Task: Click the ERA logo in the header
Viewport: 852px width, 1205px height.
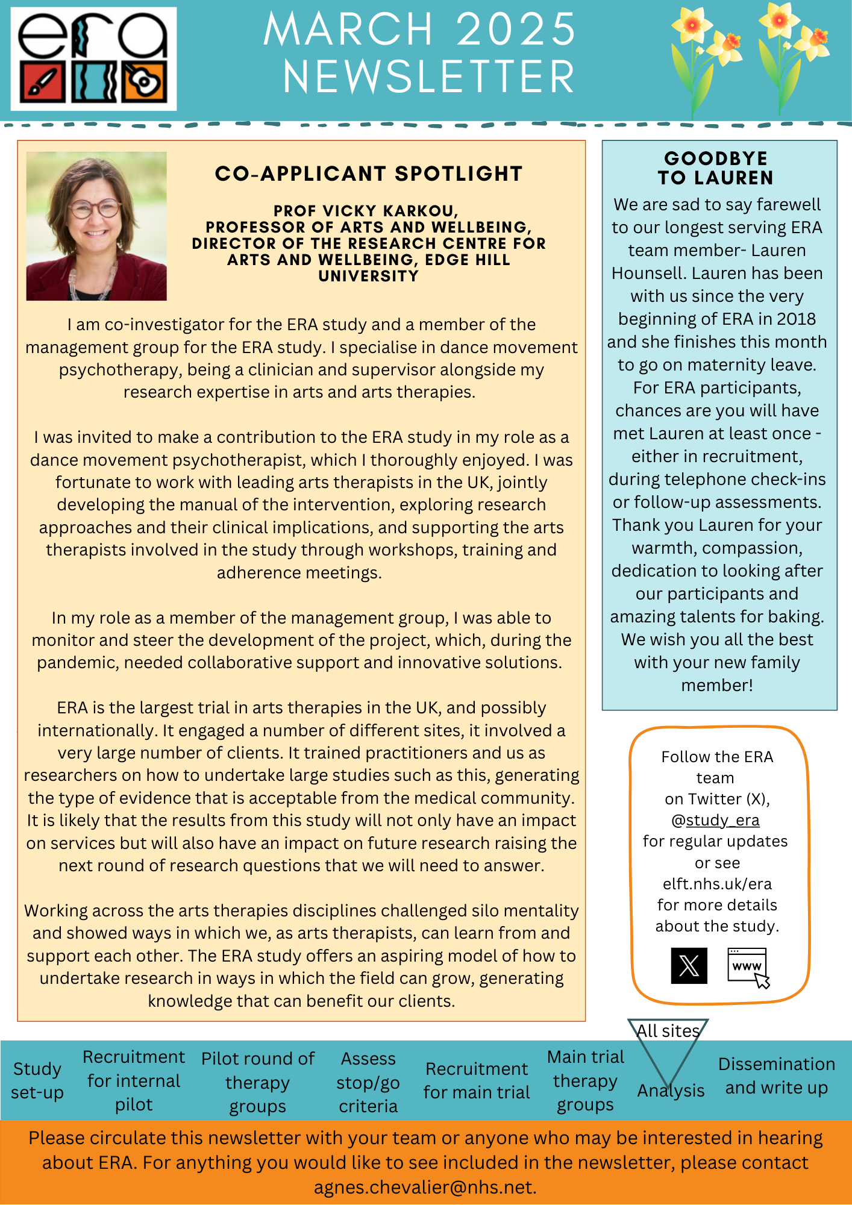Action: tap(93, 58)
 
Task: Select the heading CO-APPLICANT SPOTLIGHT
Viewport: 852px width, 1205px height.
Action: tap(368, 174)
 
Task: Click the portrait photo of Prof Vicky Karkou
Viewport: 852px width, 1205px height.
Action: tap(96, 226)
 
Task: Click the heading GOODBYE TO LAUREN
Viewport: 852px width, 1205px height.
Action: tap(716, 168)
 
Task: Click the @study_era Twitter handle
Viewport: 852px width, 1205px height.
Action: tap(715, 820)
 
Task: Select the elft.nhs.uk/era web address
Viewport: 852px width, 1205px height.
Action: tap(717, 884)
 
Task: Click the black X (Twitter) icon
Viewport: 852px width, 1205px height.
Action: tap(689, 966)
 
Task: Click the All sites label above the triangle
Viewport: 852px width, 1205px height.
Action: tap(668, 1031)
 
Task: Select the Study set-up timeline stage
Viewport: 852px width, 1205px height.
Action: tap(37, 1080)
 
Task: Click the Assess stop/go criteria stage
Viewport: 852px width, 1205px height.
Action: tap(368, 1082)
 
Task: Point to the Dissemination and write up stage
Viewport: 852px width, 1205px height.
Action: tap(776, 1075)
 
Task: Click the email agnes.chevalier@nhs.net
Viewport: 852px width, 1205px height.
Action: tap(425, 1187)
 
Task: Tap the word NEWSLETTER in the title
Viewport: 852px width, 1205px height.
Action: tap(428, 77)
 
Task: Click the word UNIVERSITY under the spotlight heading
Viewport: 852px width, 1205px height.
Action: tap(368, 276)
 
